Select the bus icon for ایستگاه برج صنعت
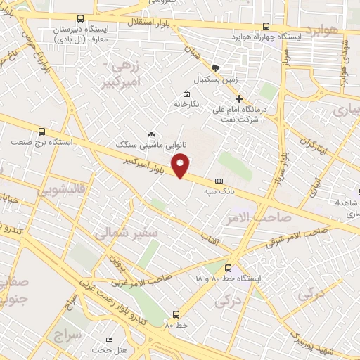click(x=42, y=131)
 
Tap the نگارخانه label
click(x=187, y=104)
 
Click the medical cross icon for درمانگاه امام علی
click(x=239, y=98)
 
